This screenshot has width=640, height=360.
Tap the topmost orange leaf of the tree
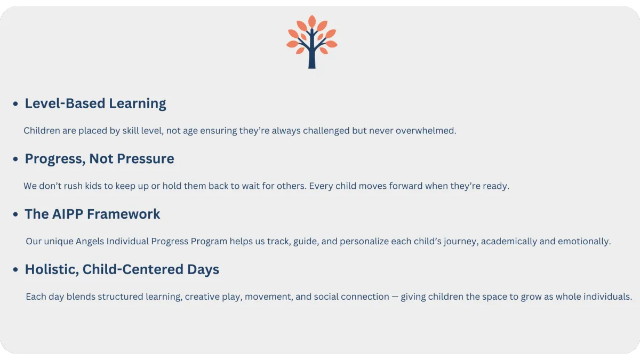click(312, 21)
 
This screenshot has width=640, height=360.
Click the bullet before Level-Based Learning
click(15, 103)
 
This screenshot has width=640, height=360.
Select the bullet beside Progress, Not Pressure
click(15, 159)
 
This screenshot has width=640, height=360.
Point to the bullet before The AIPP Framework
click(15, 214)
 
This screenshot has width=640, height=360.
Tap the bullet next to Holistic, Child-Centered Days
click(15, 269)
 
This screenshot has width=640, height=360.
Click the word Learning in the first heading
click(138, 103)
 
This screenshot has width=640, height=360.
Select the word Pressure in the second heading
click(146, 158)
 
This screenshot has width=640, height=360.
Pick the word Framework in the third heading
click(123, 214)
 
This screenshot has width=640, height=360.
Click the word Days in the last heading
click(203, 270)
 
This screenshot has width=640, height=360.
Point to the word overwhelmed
click(426, 131)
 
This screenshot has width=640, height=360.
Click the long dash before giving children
click(395, 297)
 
